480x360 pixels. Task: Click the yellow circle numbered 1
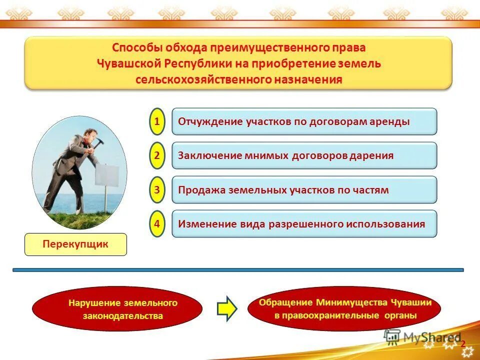click(157, 121)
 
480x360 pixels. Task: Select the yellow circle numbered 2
click(157, 155)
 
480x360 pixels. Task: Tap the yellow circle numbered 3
click(157, 189)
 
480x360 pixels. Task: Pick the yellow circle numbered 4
click(157, 223)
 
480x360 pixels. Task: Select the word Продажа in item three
click(201, 190)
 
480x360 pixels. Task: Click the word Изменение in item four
click(205, 224)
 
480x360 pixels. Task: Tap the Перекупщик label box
click(75, 244)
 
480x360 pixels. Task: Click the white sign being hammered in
click(107, 176)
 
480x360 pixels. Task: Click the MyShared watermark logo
click(422, 338)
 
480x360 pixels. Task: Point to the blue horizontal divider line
click(238, 270)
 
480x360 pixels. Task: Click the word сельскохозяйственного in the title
click(202, 80)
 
